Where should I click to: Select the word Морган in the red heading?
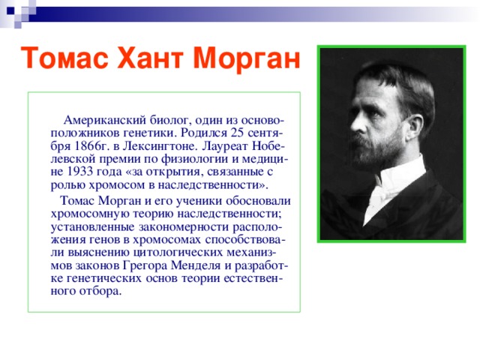click(247, 57)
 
